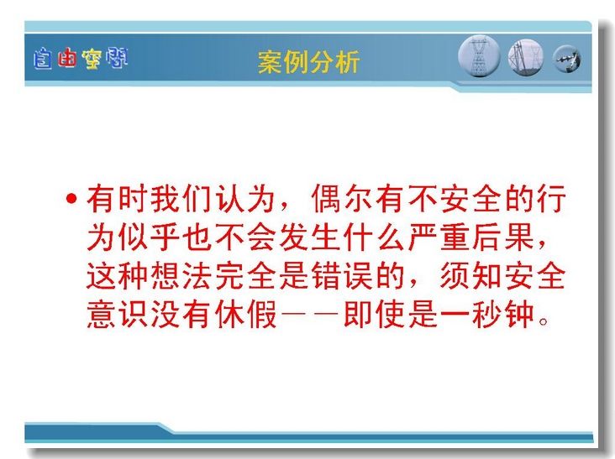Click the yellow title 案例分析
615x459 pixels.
[308, 62]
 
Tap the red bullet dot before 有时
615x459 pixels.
[71, 199]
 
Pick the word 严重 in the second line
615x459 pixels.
[439, 237]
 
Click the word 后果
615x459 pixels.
[503, 237]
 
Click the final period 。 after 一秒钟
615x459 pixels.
[544, 321]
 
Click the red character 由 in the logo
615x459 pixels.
[66, 59]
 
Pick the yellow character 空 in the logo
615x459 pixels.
[92, 59]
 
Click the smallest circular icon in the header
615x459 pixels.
[566, 59]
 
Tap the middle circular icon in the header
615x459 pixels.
[526, 57]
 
